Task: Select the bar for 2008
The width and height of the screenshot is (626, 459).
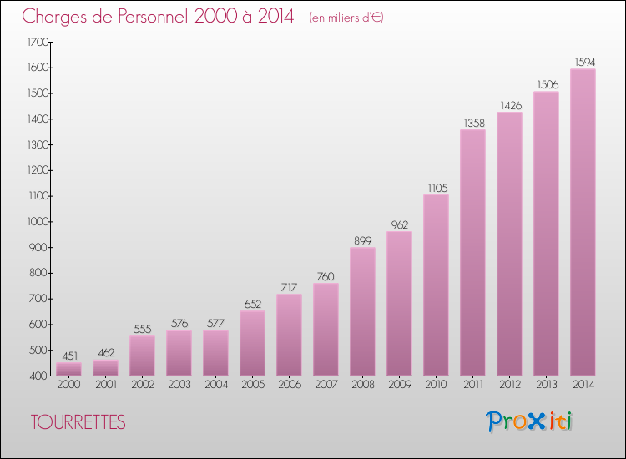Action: point(362,311)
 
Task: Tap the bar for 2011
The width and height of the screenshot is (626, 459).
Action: point(472,252)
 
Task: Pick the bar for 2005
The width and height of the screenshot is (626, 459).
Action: point(252,343)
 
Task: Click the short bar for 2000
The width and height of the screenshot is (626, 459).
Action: point(68,369)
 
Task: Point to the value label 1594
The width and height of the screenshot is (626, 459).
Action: point(583,61)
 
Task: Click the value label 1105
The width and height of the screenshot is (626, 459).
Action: point(436,187)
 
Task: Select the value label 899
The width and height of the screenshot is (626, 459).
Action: point(362,240)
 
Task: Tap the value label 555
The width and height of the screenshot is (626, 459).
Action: point(142,329)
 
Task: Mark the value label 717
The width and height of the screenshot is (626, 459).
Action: point(289,287)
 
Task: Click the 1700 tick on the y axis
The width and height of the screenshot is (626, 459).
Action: point(37,42)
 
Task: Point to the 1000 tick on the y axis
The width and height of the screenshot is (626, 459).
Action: point(37,222)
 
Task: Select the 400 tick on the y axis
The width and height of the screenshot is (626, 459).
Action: point(38,376)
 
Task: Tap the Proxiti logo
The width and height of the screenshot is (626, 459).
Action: point(529,421)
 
